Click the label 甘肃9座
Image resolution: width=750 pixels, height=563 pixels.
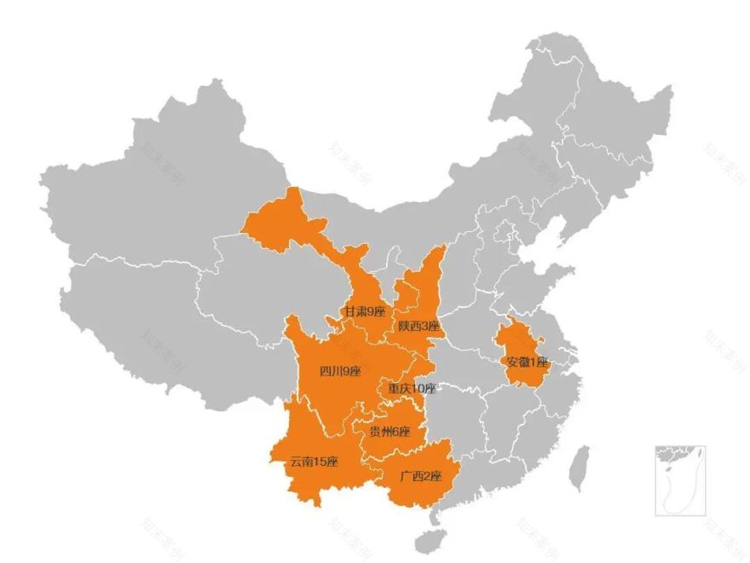coord(364,312)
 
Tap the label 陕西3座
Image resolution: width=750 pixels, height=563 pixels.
coord(418,327)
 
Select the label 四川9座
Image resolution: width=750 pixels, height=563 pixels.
coord(340,371)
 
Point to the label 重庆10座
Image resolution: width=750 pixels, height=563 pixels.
coord(412,389)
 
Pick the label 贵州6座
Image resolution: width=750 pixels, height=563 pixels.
coord(389,432)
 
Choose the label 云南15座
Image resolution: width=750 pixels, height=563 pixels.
coord(314,462)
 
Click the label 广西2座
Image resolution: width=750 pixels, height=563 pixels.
coord(421,475)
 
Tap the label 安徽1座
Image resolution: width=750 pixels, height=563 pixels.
coord(528,362)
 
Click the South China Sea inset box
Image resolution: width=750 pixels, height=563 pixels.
coord(680,480)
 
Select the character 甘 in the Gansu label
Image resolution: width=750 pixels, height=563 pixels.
coord(349,312)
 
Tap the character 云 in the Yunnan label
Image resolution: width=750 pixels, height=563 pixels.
coord(295,462)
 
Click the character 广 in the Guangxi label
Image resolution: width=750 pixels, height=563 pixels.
coord(405,475)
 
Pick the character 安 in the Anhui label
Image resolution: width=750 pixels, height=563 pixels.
coord(512,362)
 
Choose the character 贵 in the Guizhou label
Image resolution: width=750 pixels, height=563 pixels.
coord(374,432)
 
